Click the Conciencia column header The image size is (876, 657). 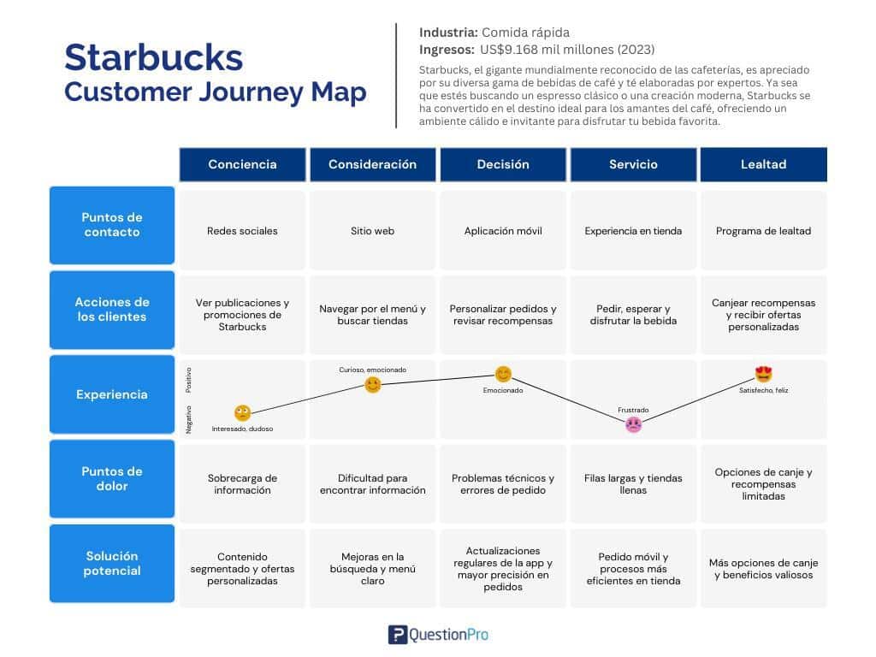point(242,164)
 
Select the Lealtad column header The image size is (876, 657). point(764,164)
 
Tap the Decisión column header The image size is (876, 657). point(503,164)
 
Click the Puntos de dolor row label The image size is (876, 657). point(112,479)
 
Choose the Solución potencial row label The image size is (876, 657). point(112,563)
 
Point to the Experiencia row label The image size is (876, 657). point(112,394)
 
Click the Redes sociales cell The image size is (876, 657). point(242,231)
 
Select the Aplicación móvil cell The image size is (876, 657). point(503,231)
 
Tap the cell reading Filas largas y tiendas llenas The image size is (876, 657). point(633,484)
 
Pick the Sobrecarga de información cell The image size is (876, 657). point(242,484)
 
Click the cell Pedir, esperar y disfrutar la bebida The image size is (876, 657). point(633,315)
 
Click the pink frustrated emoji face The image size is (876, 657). point(633,425)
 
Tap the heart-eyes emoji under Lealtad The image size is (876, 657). point(763,374)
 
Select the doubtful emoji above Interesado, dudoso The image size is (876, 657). point(242,413)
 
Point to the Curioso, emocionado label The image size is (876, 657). point(373,370)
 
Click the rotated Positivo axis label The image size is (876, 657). point(189,380)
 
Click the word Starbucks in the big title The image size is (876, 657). point(154,57)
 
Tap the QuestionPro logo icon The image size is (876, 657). point(398,635)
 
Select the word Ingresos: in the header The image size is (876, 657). point(447,50)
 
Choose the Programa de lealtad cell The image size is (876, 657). point(764,231)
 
